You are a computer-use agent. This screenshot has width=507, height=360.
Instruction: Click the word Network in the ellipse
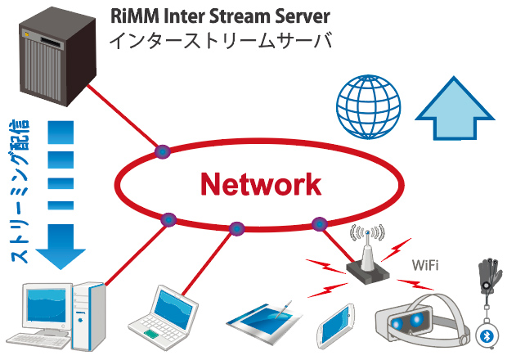pyautogui.click(x=261, y=184)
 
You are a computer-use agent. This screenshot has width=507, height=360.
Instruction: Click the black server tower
pyautogui.click(x=57, y=56)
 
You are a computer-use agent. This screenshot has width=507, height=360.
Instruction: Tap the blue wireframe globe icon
pyautogui.click(x=368, y=107)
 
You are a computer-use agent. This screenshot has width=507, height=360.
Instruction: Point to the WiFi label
pyautogui.click(x=425, y=265)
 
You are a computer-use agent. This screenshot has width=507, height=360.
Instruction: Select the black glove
pyautogui.click(x=490, y=275)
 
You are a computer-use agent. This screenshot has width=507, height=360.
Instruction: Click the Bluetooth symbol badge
pyautogui.click(x=487, y=336)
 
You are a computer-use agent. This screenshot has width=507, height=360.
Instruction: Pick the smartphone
pyautogui.click(x=336, y=326)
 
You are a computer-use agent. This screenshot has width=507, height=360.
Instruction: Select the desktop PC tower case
pyautogui.click(x=89, y=317)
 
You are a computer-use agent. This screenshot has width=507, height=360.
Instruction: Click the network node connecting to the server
pyautogui.click(x=162, y=151)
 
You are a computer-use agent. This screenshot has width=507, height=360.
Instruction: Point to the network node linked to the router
pyautogui.click(x=320, y=224)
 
